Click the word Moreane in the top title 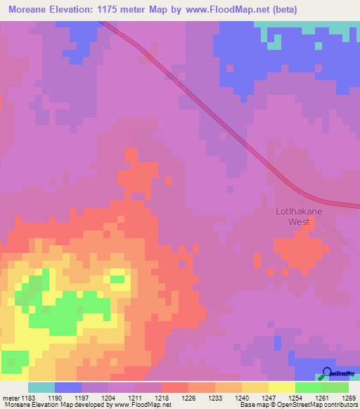[32, 10]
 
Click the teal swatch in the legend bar [41, 387]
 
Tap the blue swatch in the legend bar [68, 387]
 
